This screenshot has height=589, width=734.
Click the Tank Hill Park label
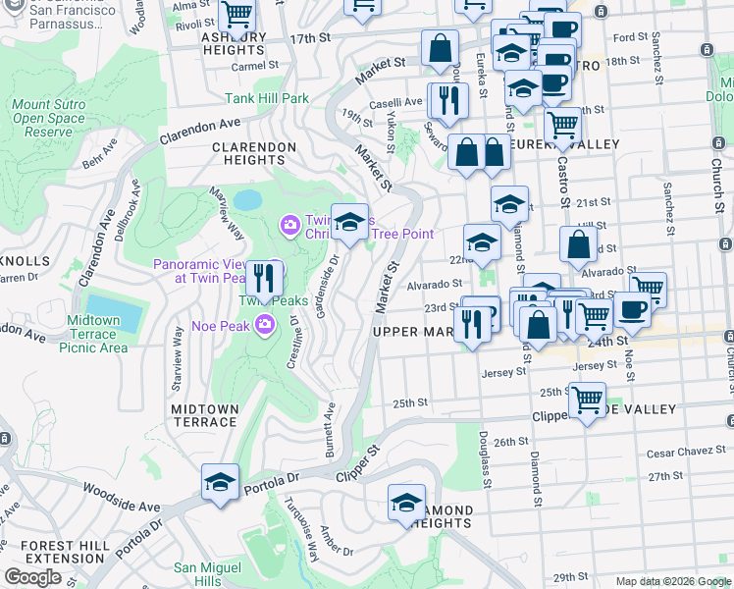(x=267, y=98)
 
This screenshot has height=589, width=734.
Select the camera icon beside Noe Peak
(x=264, y=325)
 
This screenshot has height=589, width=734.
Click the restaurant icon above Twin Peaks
(x=262, y=279)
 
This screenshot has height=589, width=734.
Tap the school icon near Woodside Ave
(x=220, y=481)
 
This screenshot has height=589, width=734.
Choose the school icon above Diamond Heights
(x=406, y=502)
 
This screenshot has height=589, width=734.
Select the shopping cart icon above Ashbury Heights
(x=236, y=15)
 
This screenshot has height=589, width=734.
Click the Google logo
(x=32, y=577)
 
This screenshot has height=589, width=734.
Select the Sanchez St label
(x=666, y=201)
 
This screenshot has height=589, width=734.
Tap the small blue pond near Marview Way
(x=247, y=200)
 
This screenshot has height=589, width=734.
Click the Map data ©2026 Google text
(x=673, y=581)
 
